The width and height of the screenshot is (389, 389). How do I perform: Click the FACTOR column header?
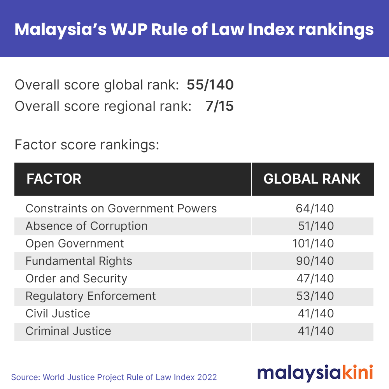54,179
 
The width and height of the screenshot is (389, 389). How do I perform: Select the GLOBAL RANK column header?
312,179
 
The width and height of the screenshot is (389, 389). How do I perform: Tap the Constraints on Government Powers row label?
121,209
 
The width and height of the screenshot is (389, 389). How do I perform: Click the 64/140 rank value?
315,209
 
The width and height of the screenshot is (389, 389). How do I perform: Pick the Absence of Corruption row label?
87,226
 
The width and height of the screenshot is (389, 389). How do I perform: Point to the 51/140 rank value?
316,226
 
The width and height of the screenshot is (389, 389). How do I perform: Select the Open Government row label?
74,244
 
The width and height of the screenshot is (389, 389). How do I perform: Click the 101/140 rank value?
313,244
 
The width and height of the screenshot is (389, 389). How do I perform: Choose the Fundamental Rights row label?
79,261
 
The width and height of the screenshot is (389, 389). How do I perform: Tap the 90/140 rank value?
315,261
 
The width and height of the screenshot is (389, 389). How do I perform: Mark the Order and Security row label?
76,279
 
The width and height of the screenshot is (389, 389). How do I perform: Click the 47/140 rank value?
315,279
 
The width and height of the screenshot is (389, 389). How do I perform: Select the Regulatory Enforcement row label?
91,296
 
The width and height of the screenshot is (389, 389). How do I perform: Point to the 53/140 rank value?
315,296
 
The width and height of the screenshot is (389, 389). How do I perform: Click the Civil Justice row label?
58,314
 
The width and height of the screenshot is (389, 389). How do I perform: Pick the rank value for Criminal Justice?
316,331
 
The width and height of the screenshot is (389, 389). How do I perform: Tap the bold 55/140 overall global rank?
210,85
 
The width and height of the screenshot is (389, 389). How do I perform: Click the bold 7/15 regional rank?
219,106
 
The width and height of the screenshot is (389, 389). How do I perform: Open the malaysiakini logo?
315,373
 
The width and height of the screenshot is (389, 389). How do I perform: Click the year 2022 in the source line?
207,377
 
